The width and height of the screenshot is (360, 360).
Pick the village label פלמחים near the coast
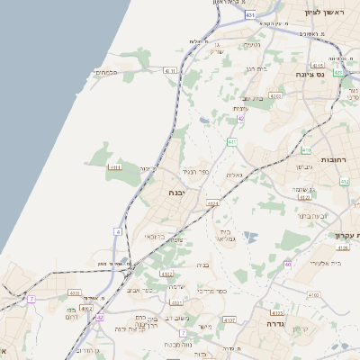(x=108, y=72)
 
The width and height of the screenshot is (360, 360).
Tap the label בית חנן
(x=256, y=68)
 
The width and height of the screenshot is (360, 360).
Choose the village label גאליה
(x=234, y=175)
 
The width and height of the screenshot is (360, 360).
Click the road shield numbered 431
(x=249, y=15)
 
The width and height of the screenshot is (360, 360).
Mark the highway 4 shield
(x=118, y=231)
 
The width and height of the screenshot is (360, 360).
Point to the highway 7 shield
(x=31, y=298)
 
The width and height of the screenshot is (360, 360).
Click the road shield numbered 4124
(x=212, y=204)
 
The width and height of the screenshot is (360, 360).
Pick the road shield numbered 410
(x=306, y=150)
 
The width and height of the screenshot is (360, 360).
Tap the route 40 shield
(x=287, y=264)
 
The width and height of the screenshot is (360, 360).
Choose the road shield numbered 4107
(x=229, y=319)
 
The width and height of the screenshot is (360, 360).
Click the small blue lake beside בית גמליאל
(x=249, y=237)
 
